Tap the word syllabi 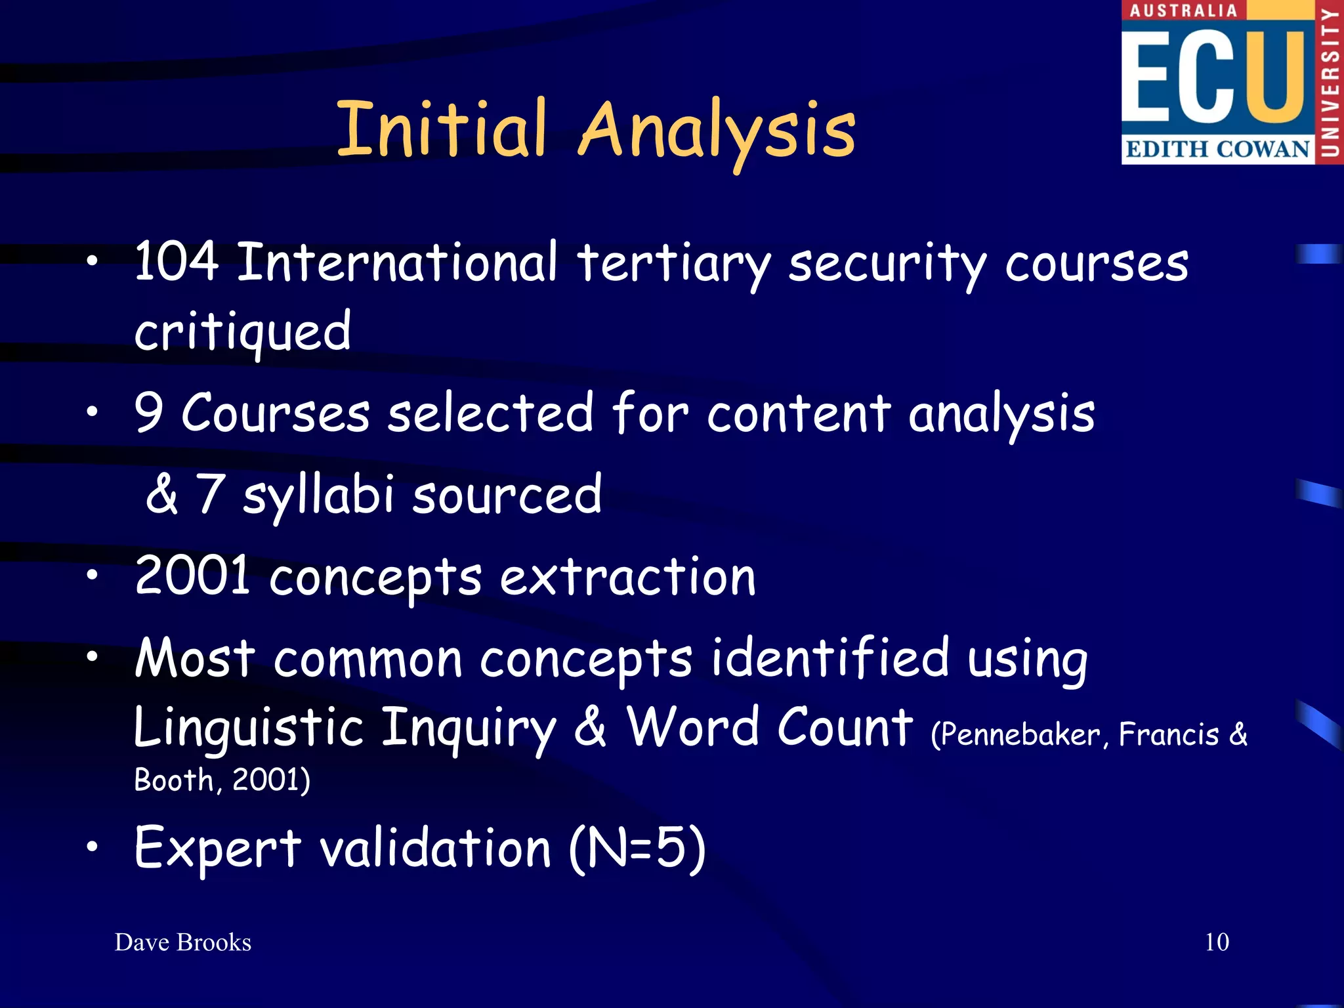318,495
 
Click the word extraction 627,577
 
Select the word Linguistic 249,728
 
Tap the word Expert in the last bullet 217,849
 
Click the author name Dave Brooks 183,942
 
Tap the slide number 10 1217,942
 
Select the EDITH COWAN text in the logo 1217,149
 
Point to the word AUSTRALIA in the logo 1183,10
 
